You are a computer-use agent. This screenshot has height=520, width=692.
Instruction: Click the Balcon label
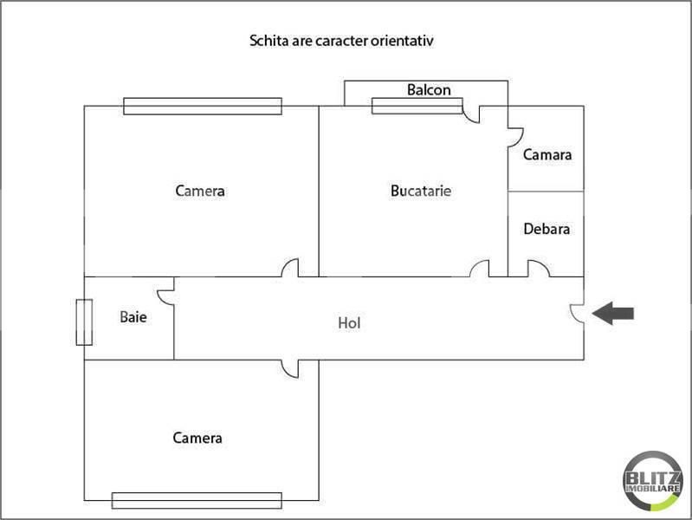429,89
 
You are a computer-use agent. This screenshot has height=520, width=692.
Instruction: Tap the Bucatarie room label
421,191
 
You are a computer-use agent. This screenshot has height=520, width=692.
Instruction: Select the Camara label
546,154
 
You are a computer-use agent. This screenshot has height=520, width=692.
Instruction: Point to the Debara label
546,229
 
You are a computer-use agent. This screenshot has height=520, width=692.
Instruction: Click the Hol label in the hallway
349,323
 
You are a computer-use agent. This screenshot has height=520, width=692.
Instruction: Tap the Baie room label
133,317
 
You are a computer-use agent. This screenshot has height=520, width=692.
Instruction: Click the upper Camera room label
200,191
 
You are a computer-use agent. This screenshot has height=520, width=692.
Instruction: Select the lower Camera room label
197,438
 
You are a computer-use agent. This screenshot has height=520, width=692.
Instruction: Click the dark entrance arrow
613,313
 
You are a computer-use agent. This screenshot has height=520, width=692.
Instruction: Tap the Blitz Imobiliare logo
653,481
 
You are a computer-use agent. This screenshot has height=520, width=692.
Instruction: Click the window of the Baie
84,322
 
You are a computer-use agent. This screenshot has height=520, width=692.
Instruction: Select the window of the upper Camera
203,106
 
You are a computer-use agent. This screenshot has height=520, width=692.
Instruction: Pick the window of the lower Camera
197,501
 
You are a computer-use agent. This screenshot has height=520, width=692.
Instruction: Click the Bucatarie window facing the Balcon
417,106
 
